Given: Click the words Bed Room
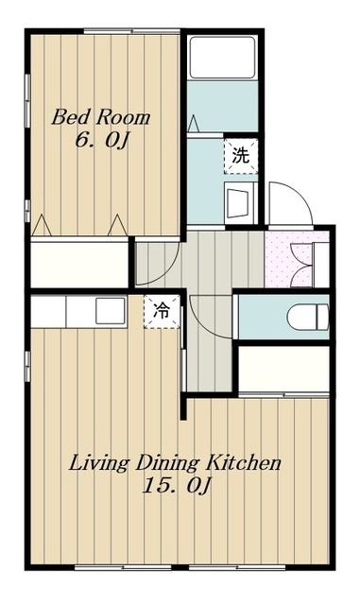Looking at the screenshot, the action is coord(101,117).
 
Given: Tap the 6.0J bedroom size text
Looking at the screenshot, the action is coord(101,140).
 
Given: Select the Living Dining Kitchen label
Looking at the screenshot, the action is coord(175,463).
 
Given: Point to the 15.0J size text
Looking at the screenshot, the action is coord(177,486).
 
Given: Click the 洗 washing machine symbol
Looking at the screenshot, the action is coord(241,156).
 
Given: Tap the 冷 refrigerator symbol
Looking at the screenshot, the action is coord(163,311).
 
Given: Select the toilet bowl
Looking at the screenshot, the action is coord(308,318).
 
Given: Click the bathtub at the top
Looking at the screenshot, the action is coord(222,57).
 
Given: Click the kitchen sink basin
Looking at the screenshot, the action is coord(111,311).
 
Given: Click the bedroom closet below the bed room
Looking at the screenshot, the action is coord(79,265).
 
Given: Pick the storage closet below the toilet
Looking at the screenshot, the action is coord(283,370).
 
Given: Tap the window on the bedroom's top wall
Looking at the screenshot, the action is coord(132,31).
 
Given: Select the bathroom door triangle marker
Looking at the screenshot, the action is coord(194,124).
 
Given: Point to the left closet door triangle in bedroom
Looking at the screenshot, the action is coord(42,225).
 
